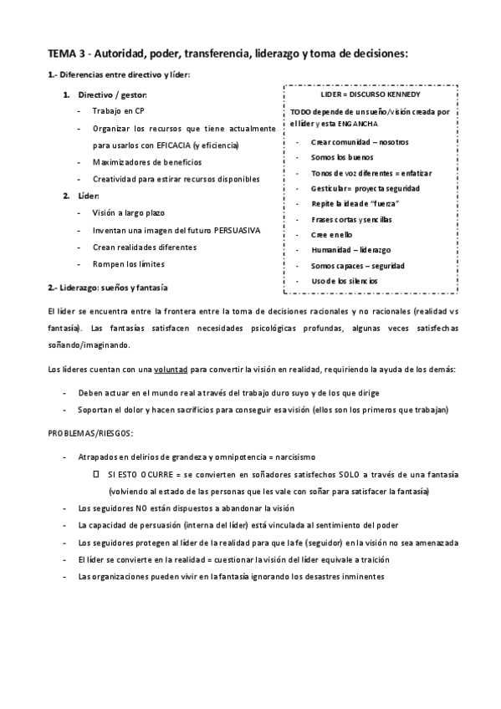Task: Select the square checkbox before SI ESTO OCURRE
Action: click(97, 474)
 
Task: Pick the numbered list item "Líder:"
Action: click(88, 196)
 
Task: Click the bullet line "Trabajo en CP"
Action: click(118, 111)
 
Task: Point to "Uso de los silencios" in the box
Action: click(344, 281)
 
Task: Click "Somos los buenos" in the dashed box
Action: click(341, 157)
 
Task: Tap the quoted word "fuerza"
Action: click(382, 204)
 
